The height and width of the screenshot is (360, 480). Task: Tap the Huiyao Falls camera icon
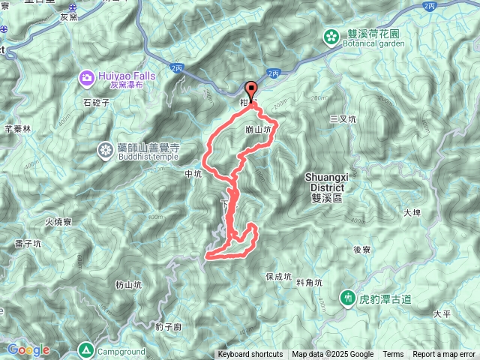tap(87, 76)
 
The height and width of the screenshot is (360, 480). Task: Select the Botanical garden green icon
tap(331, 34)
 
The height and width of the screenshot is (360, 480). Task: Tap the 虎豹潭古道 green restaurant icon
tap(347, 298)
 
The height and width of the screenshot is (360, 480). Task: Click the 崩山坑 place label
tap(257, 130)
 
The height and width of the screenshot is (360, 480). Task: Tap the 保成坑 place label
tap(278, 276)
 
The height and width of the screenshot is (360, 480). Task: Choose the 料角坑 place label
tap(309, 283)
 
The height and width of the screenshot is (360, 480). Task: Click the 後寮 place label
tap(362, 250)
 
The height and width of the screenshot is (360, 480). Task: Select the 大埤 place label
tap(412, 213)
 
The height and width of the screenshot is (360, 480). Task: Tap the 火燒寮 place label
tap(58, 222)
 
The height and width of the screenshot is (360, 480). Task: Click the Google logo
tap(28, 349)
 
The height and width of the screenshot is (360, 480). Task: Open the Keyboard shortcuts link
tap(250, 355)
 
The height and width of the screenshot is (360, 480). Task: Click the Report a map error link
tap(445, 355)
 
